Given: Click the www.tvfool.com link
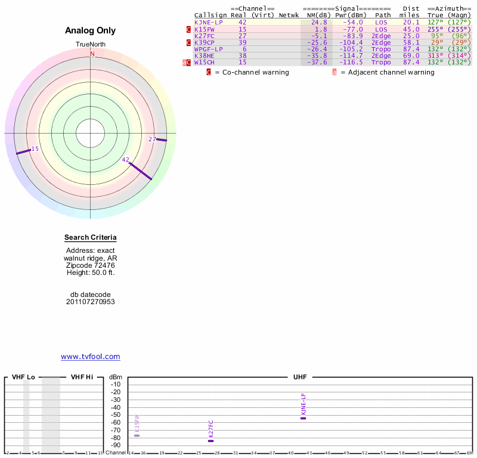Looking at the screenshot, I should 91,357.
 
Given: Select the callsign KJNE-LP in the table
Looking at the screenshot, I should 208,22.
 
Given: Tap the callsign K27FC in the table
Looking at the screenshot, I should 204,36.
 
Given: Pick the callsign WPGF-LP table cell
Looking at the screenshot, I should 208,49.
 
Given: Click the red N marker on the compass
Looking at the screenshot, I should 92,54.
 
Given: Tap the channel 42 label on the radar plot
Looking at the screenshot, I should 125,160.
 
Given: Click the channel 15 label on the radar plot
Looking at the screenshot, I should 35,148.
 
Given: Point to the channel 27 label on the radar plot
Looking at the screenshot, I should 152,139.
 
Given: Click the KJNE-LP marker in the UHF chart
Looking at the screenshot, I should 303,418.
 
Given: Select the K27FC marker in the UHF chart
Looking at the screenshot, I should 210,441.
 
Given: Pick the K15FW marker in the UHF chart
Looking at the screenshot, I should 137,435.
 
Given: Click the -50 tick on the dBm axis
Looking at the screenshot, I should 116,414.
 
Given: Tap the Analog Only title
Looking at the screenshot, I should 91,30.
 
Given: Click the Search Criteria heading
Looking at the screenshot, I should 91,237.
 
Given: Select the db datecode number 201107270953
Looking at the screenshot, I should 91,302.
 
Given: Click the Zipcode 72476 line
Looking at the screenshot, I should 91,265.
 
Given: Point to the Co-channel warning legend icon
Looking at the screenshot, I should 209,72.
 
